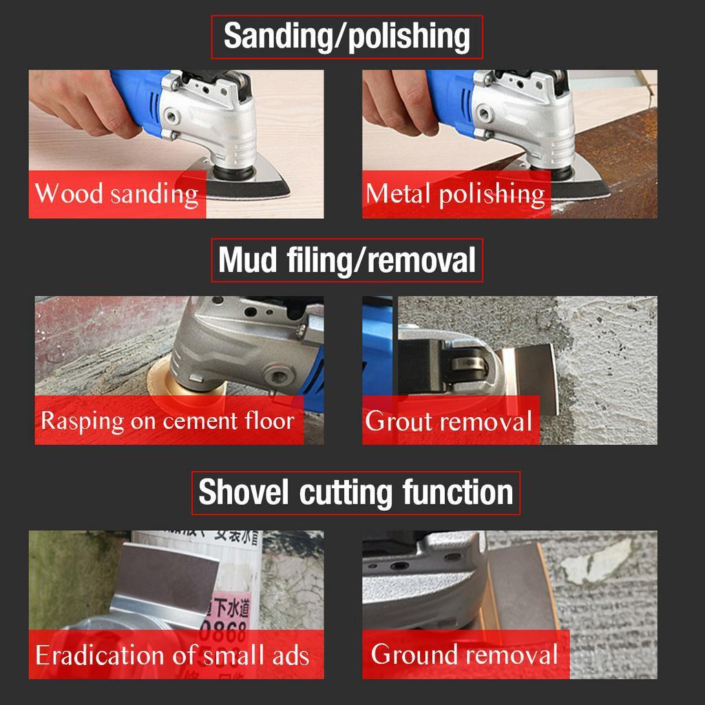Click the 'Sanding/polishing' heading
(x=346, y=37)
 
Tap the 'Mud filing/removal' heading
(x=346, y=260)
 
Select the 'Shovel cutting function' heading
(x=355, y=493)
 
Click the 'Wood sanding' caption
(x=116, y=193)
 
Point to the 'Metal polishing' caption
(x=455, y=193)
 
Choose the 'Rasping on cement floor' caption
(x=167, y=420)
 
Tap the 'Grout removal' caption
(x=448, y=421)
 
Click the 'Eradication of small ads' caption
(x=172, y=654)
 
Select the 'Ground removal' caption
(x=464, y=653)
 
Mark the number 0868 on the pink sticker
(x=224, y=630)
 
